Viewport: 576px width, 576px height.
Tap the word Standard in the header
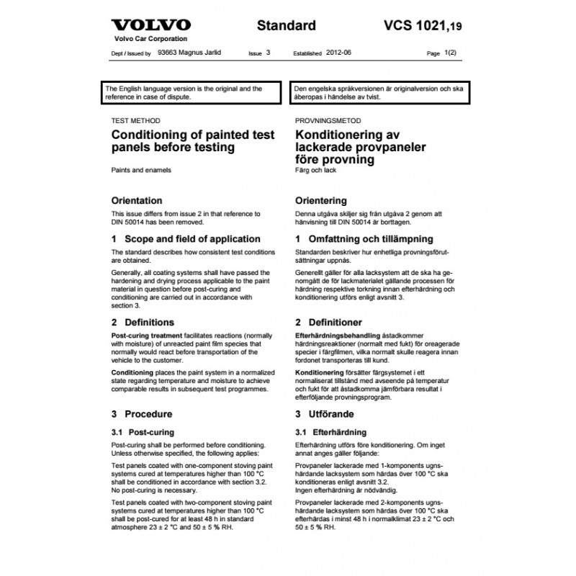[x=287, y=26]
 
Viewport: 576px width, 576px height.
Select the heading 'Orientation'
[x=136, y=200]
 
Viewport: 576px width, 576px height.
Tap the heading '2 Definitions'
[x=143, y=322]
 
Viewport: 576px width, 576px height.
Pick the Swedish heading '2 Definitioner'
[x=328, y=322]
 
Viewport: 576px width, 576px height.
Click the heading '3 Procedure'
[x=141, y=414]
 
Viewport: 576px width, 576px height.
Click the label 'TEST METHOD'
[x=135, y=121]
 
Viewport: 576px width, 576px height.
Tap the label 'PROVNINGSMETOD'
[x=328, y=121]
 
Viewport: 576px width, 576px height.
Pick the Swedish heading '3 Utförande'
[x=325, y=414]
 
